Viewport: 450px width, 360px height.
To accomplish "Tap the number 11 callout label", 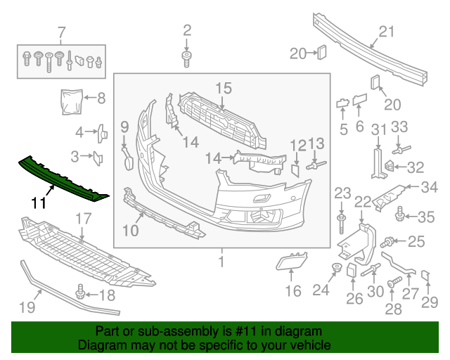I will click(x=40, y=205).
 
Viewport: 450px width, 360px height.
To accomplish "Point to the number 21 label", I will click(x=387, y=31).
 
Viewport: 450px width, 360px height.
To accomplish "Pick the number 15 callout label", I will click(x=223, y=88).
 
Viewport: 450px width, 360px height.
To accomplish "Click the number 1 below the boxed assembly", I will click(x=221, y=262).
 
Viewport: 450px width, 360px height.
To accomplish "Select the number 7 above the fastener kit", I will click(x=61, y=32).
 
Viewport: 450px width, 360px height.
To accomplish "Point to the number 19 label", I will click(x=27, y=307).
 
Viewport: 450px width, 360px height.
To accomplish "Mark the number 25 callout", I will click(x=416, y=242).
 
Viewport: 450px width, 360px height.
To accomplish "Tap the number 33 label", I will click(x=399, y=127).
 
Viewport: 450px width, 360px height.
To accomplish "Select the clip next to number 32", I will click(x=387, y=166).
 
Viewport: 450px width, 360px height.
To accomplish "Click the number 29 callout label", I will click(x=429, y=302).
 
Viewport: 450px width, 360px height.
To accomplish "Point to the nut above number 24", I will click(x=337, y=267).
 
